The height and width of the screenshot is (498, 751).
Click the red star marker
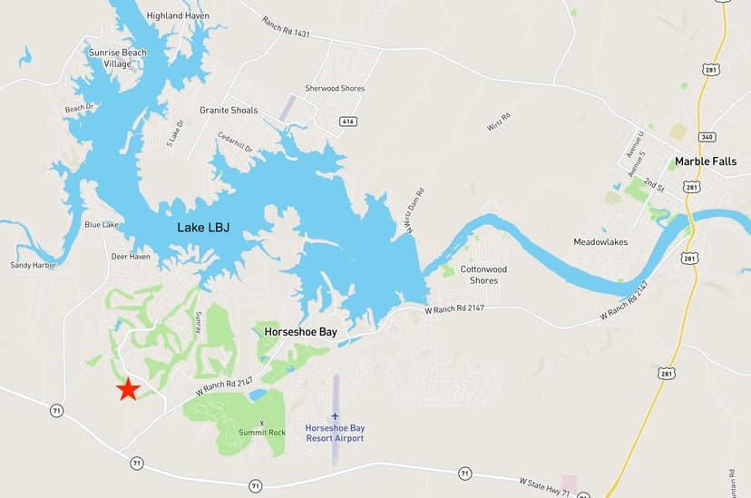[x=128, y=388]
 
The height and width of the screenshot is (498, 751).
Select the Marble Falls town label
[x=704, y=162]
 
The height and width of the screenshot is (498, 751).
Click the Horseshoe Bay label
[x=300, y=332]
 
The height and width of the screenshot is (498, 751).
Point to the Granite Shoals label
[x=229, y=111]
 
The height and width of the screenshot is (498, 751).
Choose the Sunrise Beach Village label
[x=117, y=58]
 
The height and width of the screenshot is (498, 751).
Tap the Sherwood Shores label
[x=335, y=88]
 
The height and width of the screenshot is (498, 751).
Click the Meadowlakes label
[x=600, y=242]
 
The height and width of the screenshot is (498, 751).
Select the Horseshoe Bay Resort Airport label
[x=335, y=433]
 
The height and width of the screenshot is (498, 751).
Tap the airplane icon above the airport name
[x=335, y=415]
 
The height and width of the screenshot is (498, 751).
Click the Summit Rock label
[x=262, y=433]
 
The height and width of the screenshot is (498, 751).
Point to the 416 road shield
[x=347, y=121]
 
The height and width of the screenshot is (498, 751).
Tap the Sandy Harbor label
[x=33, y=266]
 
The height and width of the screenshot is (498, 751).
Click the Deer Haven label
[x=131, y=257]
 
